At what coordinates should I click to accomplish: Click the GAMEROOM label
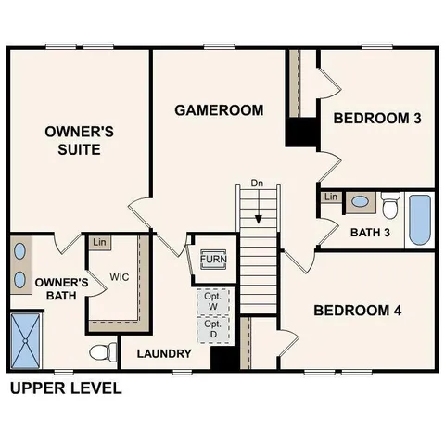[219, 110]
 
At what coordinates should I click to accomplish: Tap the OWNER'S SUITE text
[79, 140]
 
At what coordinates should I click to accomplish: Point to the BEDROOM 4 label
[357, 310]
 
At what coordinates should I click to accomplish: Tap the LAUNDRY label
[164, 353]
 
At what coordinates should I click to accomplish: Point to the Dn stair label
[259, 184]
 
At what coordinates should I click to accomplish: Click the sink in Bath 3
[359, 201]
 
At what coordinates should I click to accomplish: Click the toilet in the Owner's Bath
[103, 352]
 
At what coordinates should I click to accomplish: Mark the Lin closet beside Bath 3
[330, 197]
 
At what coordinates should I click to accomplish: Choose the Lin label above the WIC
[100, 243]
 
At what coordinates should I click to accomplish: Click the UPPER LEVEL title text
[65, 388]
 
